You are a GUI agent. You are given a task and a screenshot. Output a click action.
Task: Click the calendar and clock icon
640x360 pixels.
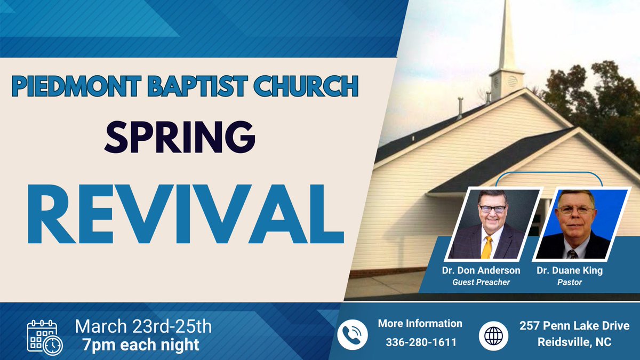coord(45,337)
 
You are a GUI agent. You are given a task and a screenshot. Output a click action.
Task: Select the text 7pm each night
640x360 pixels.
coord(141,345)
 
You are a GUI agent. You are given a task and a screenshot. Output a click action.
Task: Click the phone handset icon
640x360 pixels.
coord(353,334)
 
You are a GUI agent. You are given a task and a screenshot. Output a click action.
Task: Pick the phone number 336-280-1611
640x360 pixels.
coord(421,342)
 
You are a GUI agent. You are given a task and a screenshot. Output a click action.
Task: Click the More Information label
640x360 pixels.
coord(420,324)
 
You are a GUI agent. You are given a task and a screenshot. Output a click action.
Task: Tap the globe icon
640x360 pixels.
coord(494,335)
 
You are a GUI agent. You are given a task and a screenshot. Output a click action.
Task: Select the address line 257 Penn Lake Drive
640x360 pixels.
coord(574,325)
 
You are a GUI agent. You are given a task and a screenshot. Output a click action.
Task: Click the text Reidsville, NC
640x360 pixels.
coord(574,341)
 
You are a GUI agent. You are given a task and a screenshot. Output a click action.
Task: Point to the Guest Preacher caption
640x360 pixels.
coord(481,282)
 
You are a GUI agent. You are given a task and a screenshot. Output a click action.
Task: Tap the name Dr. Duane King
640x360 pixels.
coord(570,270)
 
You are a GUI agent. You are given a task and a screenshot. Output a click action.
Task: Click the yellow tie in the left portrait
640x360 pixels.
coord(486,247)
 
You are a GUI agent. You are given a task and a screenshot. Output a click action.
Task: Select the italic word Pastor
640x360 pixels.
coord(570,282)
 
